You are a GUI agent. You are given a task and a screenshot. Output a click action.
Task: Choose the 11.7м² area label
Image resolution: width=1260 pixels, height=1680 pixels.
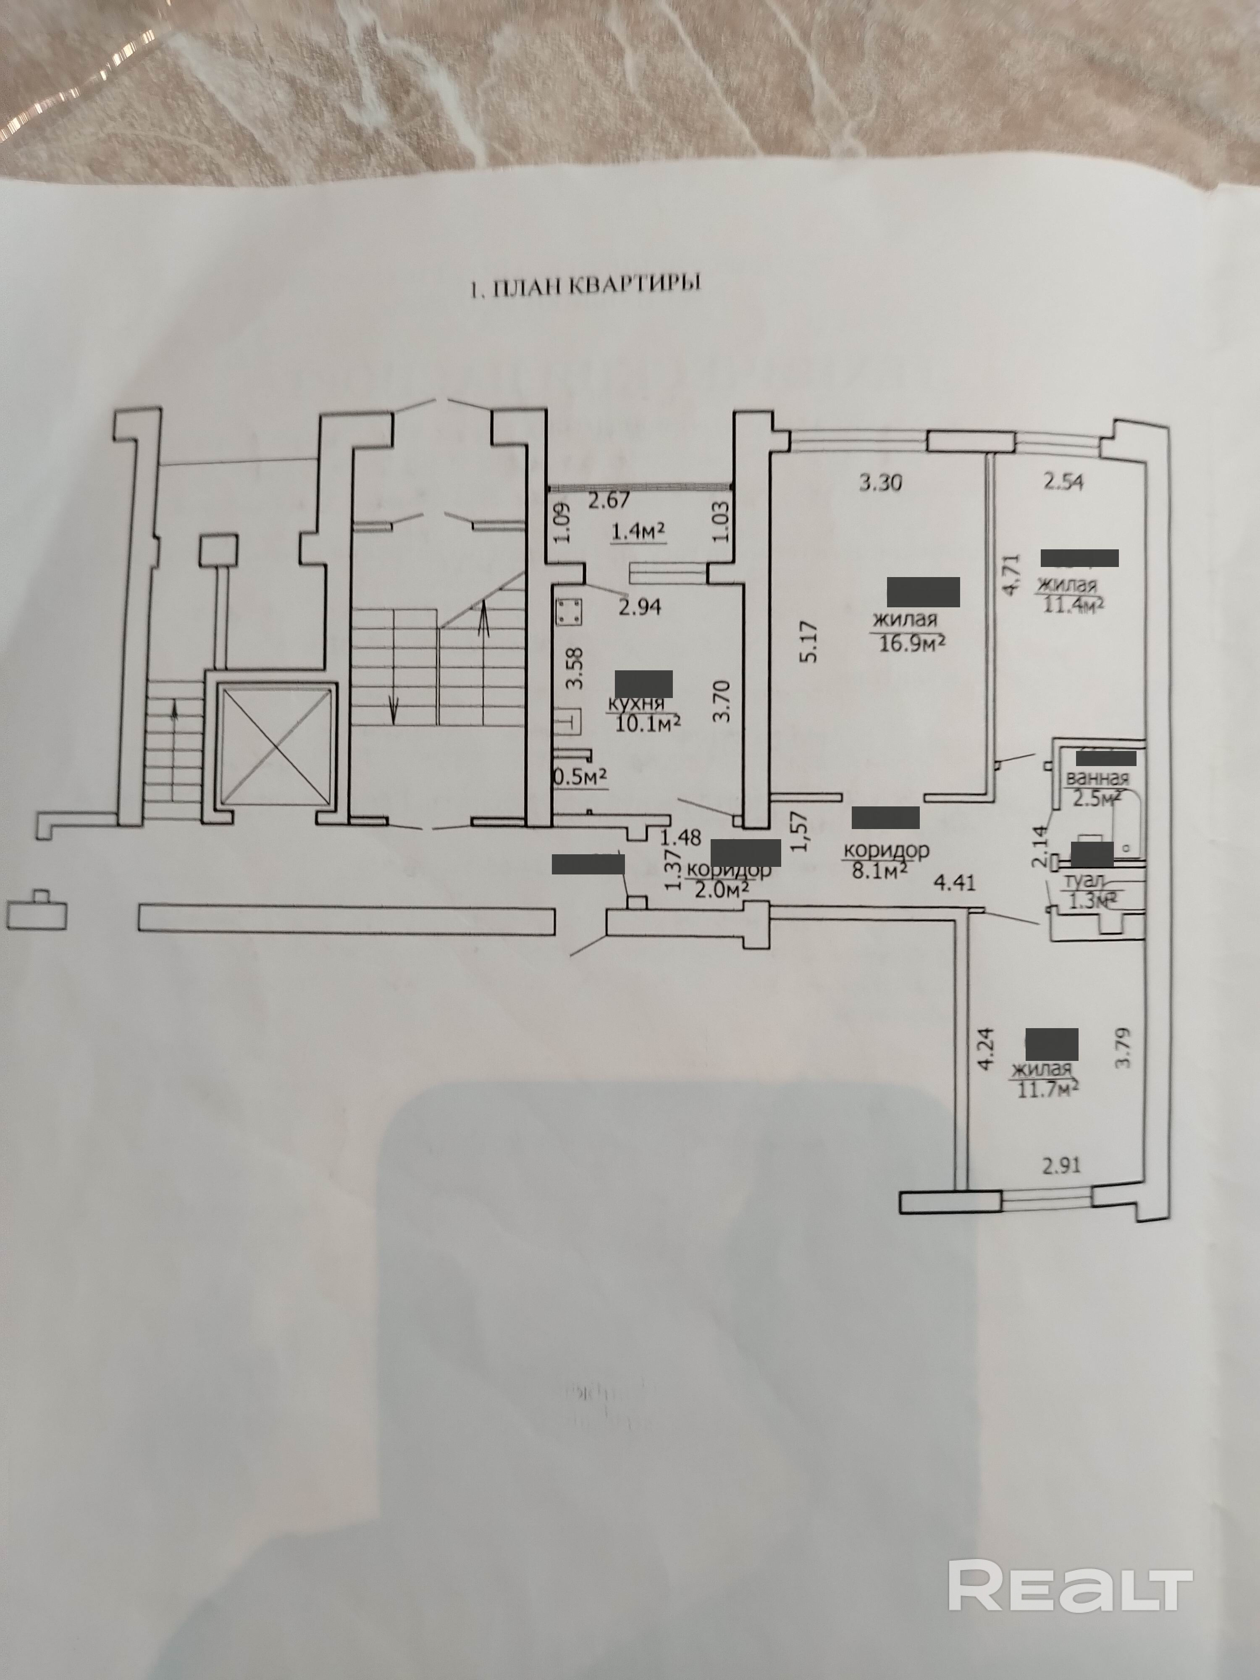[1047, 1088]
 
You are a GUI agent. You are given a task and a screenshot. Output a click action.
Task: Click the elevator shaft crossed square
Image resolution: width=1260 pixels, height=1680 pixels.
[275, 747]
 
